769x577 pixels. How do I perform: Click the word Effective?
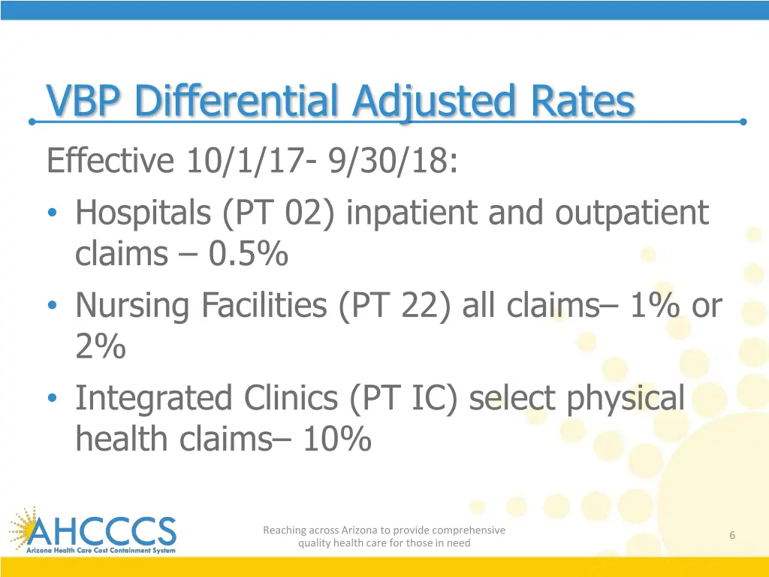[110, 160]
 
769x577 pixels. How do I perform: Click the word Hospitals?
[143, 213]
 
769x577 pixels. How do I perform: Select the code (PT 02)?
[280, 213]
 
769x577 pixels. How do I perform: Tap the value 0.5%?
[249, 255]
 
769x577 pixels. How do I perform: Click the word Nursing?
[132, 306]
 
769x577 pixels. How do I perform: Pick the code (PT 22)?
[395, 306]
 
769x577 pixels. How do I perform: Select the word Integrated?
[153, 398]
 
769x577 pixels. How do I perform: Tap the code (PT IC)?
[405, 398]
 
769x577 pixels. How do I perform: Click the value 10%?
[336, 440]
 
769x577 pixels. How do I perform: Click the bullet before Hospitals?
[52, 214]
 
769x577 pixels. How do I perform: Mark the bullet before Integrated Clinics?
[52, 400]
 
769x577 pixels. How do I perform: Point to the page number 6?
[732, 535]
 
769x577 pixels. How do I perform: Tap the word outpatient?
[632, 213]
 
